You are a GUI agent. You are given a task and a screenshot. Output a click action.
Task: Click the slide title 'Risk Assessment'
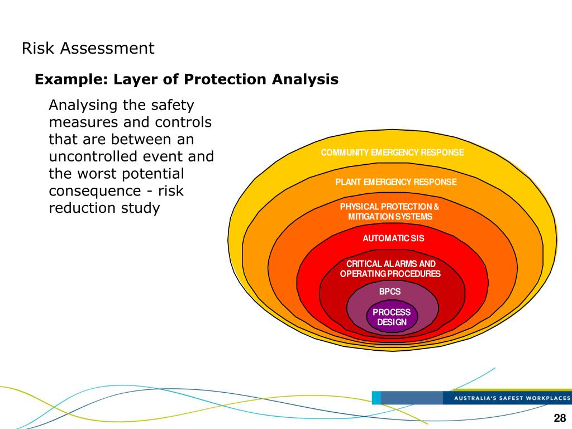click(88, 49)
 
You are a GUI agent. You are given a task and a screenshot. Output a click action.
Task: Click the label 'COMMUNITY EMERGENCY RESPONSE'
click(392, 152)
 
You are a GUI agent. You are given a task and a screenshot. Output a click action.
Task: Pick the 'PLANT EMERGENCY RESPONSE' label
click(395, 182)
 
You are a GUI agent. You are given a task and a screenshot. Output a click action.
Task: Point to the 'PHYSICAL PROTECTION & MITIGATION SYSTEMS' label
click(390, 212)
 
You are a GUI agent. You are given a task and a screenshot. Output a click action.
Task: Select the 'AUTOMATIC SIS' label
click(393, 239)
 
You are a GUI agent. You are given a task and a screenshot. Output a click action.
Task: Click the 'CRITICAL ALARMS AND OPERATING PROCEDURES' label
click(390, 269)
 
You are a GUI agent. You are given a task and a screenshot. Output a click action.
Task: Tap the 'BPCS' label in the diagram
click(390, 292)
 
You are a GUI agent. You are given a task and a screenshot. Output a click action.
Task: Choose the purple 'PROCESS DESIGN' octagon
click(392, 317)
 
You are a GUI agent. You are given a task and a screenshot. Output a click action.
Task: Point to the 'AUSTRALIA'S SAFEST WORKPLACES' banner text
click(512, 398)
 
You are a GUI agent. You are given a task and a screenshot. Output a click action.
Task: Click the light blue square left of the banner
click(376, 398)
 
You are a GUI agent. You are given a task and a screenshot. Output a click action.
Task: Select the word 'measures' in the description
click(81, 122)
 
